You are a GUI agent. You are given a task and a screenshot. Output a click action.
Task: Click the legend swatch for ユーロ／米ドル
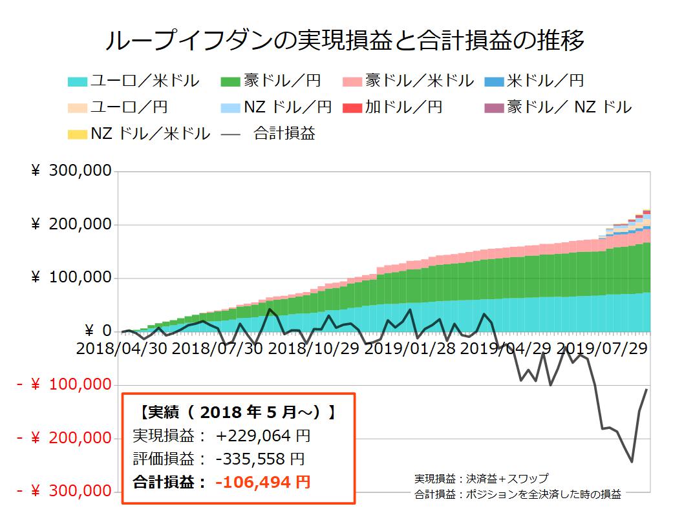point(78,81)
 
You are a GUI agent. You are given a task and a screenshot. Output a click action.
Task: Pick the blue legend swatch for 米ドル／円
point(494,81)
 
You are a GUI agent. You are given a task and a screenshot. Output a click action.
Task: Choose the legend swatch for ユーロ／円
point(78,108)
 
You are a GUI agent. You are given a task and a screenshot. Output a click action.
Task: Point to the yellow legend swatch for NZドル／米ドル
point(78,134)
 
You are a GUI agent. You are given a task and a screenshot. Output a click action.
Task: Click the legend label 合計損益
point(284,134)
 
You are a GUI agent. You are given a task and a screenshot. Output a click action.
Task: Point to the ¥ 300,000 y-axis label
point(71,171)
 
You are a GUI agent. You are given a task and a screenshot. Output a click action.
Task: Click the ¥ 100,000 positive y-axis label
point(71,278)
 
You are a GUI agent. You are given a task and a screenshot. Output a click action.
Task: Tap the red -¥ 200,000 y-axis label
point(65,438)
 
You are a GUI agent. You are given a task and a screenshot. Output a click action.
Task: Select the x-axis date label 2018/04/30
point(121,348)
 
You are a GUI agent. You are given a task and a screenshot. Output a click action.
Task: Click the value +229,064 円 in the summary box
point(264,436)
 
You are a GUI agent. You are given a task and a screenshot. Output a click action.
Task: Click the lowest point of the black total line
point(632,462)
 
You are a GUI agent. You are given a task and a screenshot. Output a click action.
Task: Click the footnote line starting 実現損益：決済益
point(482,479)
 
